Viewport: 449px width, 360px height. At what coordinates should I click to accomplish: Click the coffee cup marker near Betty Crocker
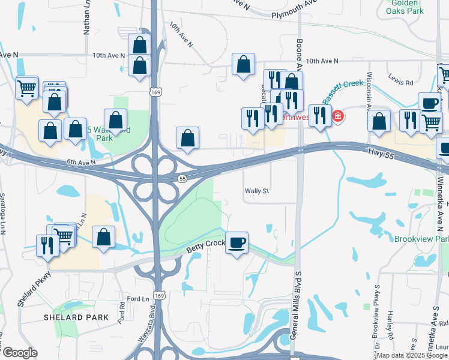click(237, 243)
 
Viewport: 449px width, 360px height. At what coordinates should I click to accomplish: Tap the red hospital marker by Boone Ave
click(338, 116)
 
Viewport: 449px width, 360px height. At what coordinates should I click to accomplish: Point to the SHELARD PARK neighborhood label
click(76, 317)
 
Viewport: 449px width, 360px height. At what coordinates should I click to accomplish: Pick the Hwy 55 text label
click(382, 154)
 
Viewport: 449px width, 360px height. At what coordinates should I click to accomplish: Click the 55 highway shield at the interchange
click(182, 179)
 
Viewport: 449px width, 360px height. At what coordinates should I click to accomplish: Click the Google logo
click(19, 353)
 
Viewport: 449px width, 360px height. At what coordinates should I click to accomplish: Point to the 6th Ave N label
click(81, 162)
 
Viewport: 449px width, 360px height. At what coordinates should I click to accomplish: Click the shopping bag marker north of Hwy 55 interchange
click(188, 138)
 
